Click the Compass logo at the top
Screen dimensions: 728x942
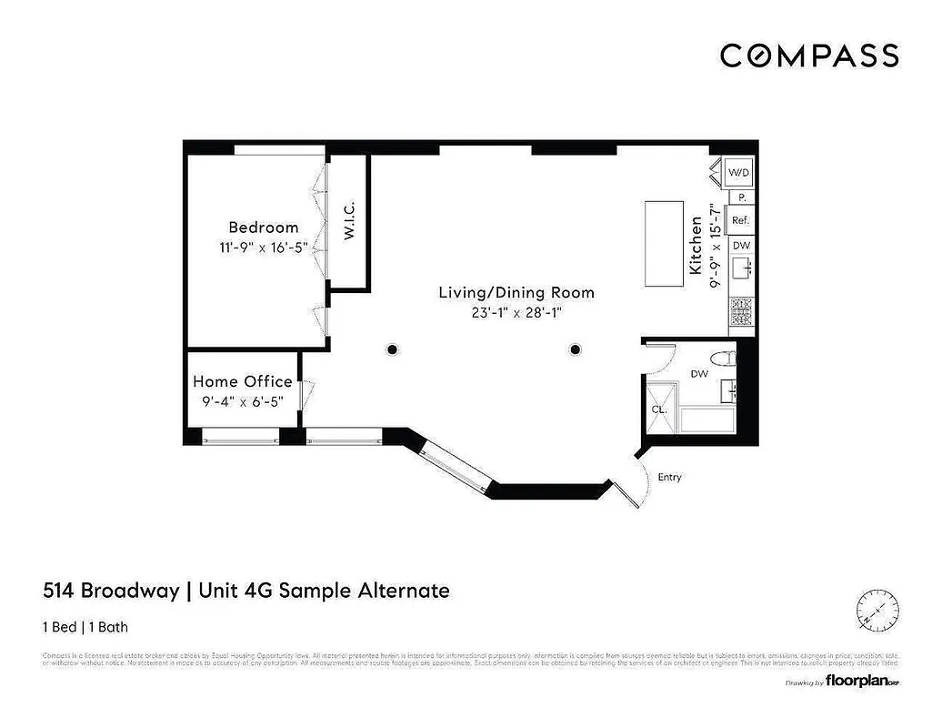click(x=809, y=56)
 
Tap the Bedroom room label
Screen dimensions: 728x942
click(x=263, y=227)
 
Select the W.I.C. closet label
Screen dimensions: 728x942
click(x=349, y=222)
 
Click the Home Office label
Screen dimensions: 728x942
click(x=242, y=382)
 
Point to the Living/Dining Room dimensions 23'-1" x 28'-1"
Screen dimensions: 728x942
click(x=516, y=313)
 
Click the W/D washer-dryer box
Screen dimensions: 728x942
click(x=740, y=172)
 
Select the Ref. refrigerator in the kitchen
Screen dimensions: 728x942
click(x=740, y=220)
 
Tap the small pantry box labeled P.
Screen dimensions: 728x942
click(x=741, y=197)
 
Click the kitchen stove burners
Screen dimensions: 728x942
click(x=740, y=313)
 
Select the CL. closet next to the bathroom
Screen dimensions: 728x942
click(x=659, y=409)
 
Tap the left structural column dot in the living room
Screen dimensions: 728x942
click(x=392, y=349)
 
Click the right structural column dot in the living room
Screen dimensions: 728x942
click(x=575, y=349)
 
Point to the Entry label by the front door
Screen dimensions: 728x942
click(x=669, y=478)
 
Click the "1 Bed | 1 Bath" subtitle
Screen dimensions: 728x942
click(x=91, y=626)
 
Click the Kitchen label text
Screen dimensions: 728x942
click(x=696, y=246)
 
